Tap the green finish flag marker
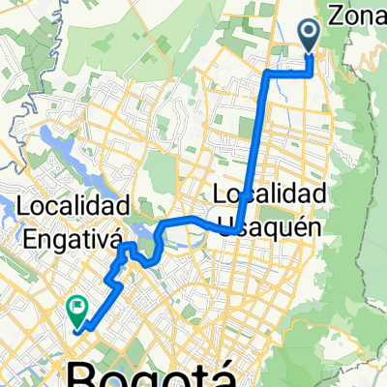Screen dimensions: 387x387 pos(76,309)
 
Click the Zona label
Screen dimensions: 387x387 pos(360,15)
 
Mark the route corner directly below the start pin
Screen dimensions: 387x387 pos(311,72)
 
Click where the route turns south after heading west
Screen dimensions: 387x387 pos(266,73)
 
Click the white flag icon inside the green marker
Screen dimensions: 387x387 pos(76,307)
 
